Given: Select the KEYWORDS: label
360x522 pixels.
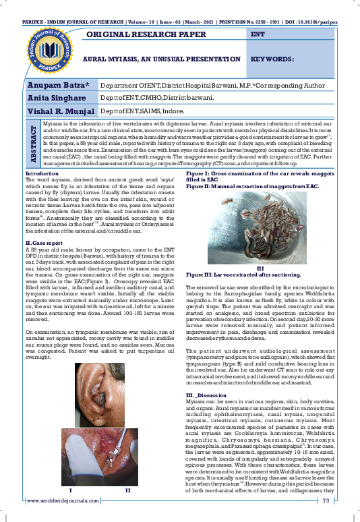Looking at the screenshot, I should click(271, 59).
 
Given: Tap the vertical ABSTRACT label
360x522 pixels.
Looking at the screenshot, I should click(32, 144).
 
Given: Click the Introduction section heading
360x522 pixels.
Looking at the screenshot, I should click(42, 174).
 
